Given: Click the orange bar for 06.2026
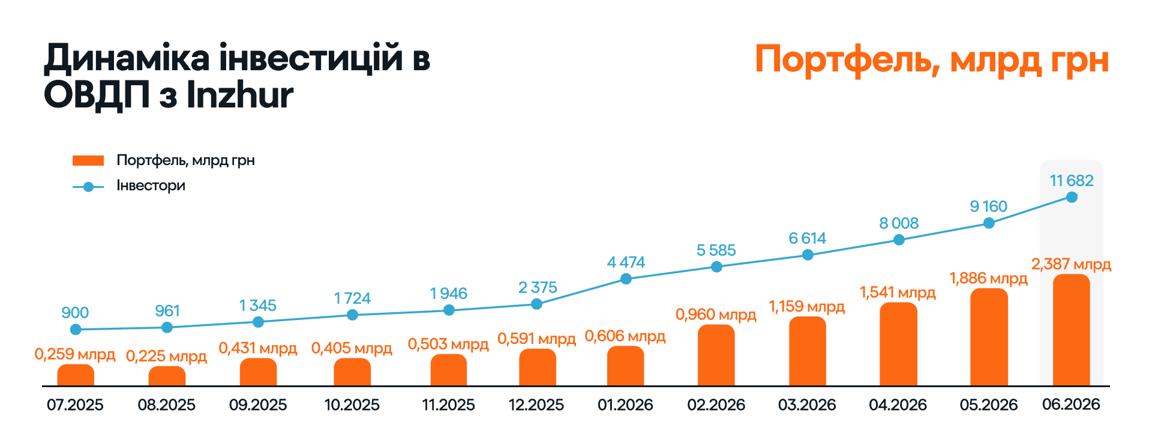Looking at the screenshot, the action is (1072, 330).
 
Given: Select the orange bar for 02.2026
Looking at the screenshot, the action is (716, 355).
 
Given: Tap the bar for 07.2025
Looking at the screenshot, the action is (76, 375).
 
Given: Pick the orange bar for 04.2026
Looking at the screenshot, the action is (898, 344).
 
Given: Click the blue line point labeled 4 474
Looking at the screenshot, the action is (626, 279).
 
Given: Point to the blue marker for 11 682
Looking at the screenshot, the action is (1072, 197).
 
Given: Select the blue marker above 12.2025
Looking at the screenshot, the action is (537, 304).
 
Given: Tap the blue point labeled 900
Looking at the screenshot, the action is (76, 329).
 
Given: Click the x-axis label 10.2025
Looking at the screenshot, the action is (352, 405).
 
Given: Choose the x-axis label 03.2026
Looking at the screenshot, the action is (807, 405).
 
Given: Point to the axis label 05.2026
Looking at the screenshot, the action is (989, 405).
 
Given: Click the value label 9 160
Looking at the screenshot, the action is (989, 206).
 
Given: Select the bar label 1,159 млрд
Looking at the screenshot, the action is (807, 307).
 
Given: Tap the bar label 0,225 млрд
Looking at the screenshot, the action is (166, 357).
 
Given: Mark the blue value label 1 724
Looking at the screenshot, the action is (352, 298).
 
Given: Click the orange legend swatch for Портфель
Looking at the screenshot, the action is (88, 160).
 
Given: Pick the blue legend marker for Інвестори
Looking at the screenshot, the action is (88, 187).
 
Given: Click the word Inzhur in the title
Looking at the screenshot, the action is (240, 95).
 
